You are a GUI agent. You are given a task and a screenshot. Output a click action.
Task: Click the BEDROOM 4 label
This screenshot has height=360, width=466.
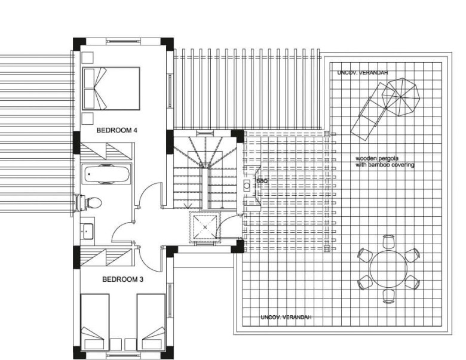pos(116,130)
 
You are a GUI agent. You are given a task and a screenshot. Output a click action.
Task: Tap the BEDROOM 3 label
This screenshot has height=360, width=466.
pos(122,279)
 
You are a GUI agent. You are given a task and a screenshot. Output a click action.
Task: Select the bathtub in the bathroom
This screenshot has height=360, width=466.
pos(106,174)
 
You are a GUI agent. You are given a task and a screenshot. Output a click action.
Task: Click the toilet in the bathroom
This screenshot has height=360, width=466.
pos(90,203)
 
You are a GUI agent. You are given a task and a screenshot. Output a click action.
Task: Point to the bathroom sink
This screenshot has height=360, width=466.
pos(87,231)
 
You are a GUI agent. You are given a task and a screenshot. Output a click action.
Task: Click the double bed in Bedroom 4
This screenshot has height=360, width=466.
pos(111,88)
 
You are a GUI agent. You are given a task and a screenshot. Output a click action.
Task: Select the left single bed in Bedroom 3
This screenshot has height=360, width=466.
pos(94,322)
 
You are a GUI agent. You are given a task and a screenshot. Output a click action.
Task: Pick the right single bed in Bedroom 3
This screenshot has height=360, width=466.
pos(151,322)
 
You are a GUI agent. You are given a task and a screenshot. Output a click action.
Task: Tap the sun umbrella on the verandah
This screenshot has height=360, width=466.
pos(401,97)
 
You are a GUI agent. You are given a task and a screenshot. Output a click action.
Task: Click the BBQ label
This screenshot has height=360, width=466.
pos(262,181)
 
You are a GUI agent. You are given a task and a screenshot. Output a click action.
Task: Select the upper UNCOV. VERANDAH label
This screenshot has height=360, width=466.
pos(363,72)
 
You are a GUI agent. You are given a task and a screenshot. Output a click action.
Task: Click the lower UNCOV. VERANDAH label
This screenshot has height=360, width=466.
pos(286,317)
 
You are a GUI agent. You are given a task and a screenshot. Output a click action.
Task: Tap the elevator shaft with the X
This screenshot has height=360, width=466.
pos(205,227)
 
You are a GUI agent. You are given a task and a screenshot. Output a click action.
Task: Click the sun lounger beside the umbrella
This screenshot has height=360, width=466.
pos(373,112)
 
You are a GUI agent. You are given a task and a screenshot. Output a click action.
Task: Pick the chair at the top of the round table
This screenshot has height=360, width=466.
pos(388,241)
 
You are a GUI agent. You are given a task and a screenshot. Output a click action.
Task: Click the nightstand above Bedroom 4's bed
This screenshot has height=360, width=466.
pos(87,58)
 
